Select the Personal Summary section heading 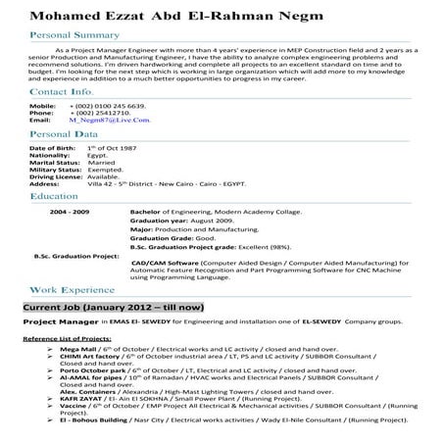click(74, 34)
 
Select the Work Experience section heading click(72, 291)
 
